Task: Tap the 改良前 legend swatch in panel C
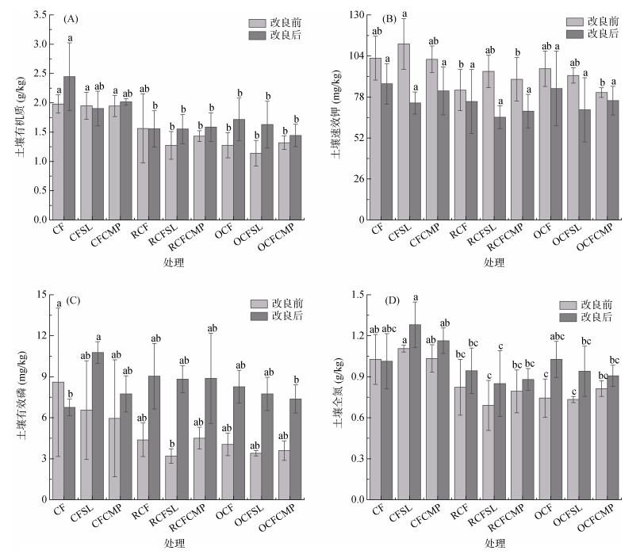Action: pyautogui.click(x=260, y=304)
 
